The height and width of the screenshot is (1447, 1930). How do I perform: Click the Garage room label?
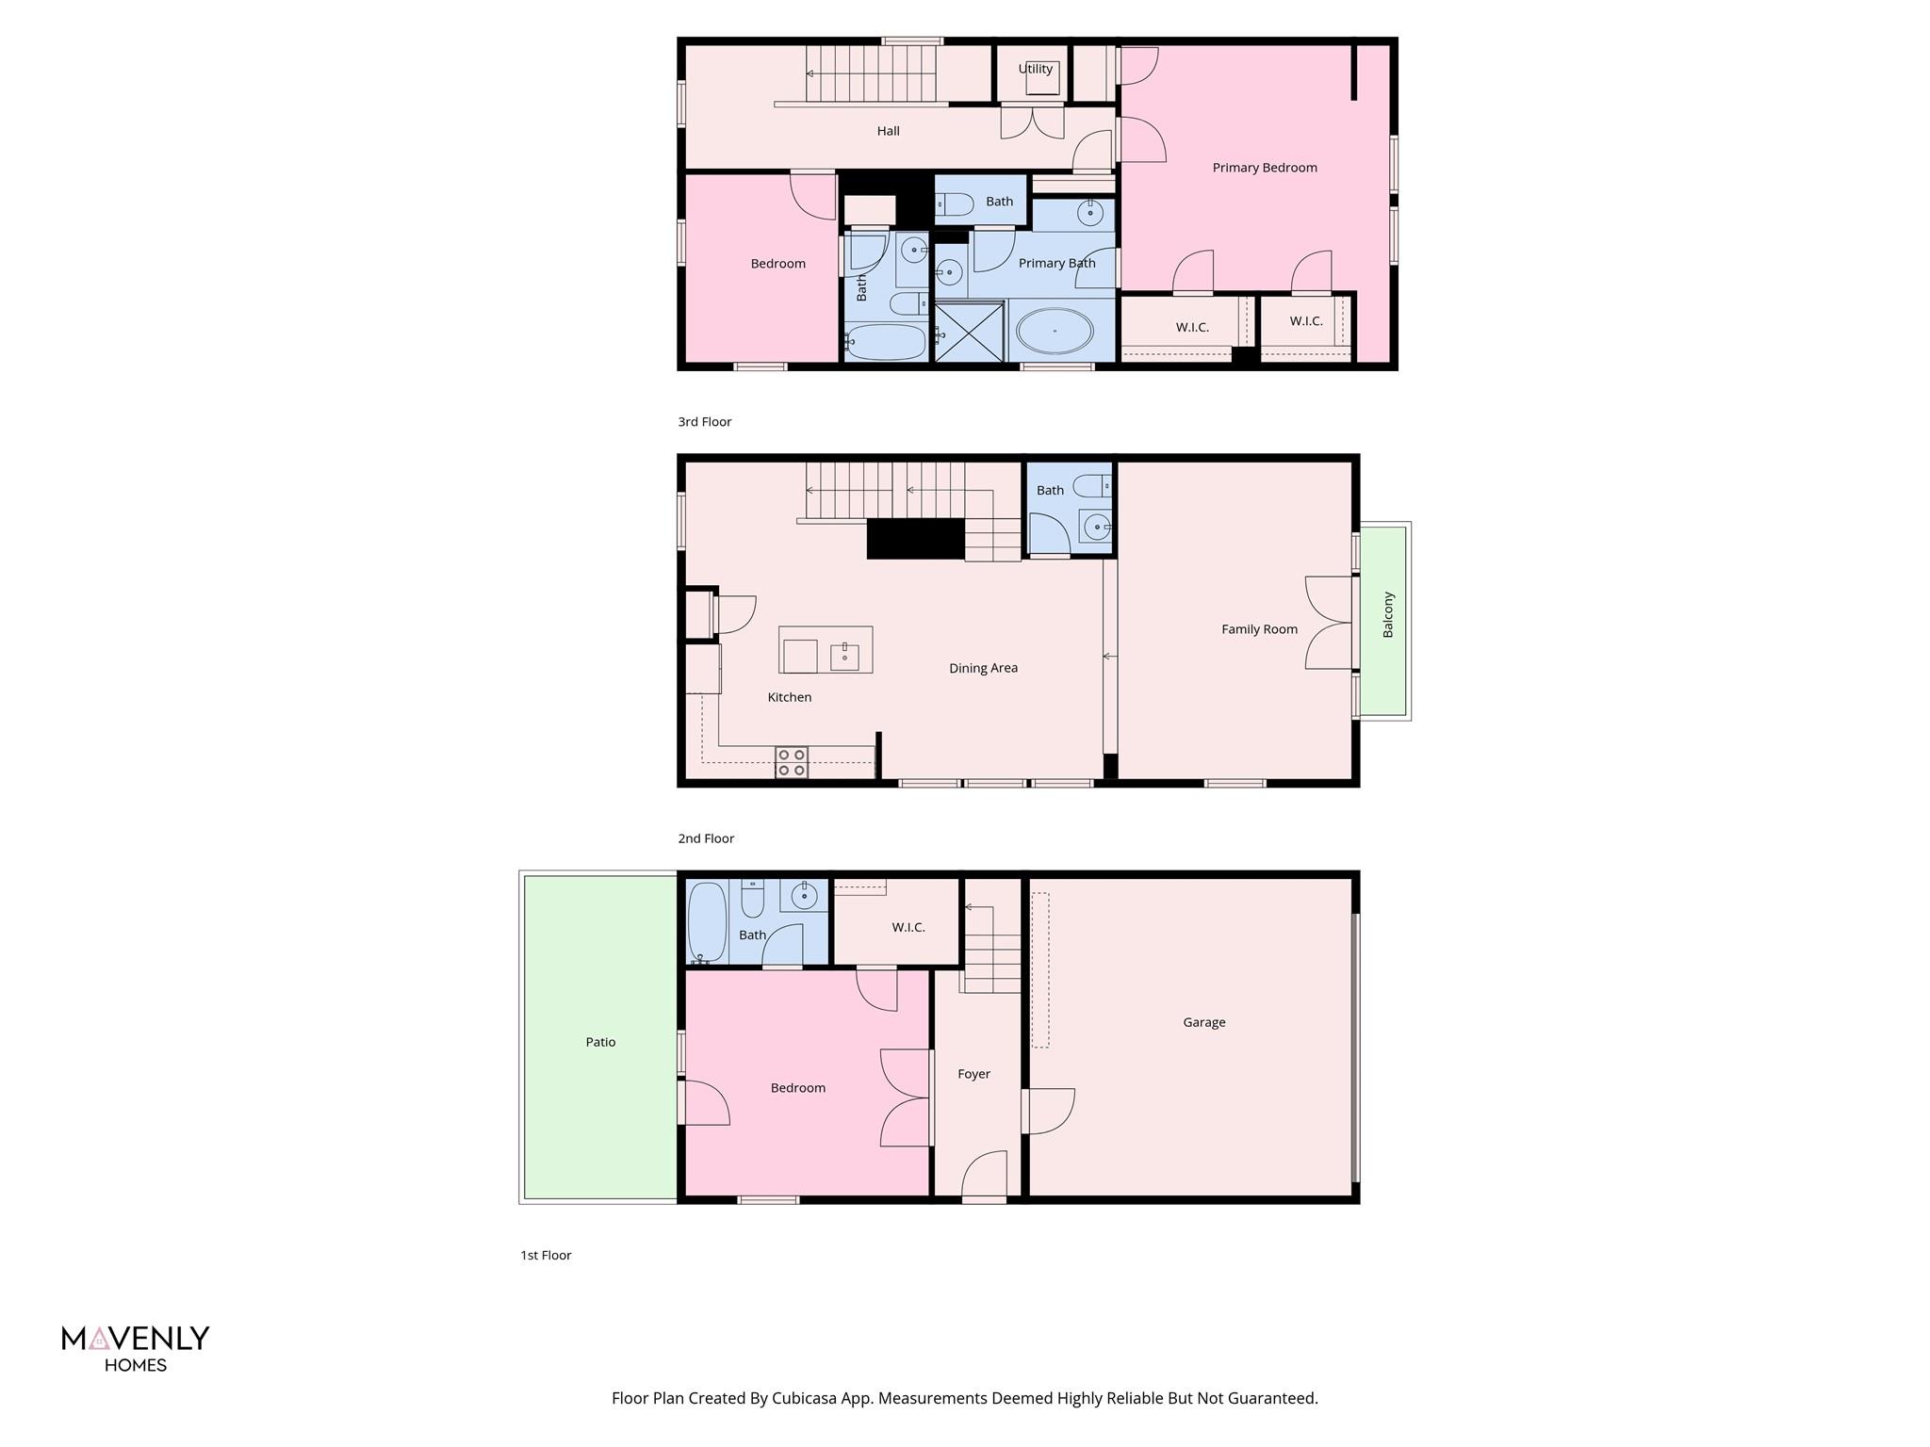pyautogui.click(x=1203, y=1022)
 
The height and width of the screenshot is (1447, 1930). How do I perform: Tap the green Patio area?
pyautogui.click(x=600, y=1041)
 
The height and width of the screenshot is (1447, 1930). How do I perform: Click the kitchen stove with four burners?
pyautogui.click(x=791, y=762)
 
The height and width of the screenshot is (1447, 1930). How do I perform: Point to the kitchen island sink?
pyautogui.click(x=844, y=656)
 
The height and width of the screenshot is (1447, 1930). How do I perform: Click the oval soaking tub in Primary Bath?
pyautogui.click(x=1055, y=332)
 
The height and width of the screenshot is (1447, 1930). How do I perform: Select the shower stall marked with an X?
pyautogui.click(x=969, y=331)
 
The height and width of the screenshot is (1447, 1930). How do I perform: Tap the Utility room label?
pyautogui.click(x=1035, y=69)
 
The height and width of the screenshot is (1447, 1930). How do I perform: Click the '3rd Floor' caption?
pyautogui.click(x=704, y=422)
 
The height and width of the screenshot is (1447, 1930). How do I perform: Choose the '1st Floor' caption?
pyautogui.click(x=546, y=1255)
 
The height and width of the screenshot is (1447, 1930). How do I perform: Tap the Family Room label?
pyautogui.click(x=1259, y=629)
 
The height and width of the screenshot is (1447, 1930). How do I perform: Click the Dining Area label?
pyautogui.click(x=983, y=668)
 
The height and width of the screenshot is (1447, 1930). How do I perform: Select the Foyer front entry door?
pyautogui.click(x=984, y=1178)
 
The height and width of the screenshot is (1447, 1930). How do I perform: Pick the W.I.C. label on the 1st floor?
pyautogui.click(x=908, y=927)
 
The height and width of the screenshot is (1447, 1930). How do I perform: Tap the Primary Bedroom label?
pyautogui.click(x=1264, y=168)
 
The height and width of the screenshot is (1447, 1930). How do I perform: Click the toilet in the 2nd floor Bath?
pyautogui.click(x=1091, y=487)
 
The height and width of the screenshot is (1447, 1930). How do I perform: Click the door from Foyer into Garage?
pyautogui.click(x=1048, y=1112)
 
